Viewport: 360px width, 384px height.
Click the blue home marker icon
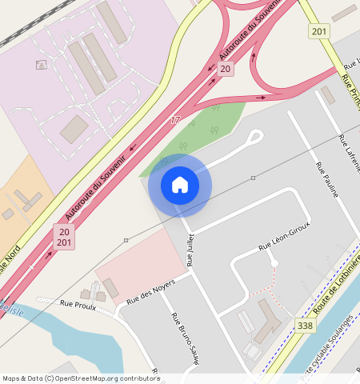(x=180, y=185)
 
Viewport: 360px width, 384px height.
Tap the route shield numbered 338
(x=305, y=326)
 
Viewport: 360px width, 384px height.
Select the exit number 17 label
(x=175, y=120)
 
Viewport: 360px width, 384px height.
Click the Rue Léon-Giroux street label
(x=283, y=238)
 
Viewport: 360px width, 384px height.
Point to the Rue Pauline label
(x=326, y=180)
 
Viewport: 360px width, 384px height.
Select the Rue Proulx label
(x=78, y=304)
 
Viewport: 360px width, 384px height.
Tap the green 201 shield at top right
(x=319, y=31)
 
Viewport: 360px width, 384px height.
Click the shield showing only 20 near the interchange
(x=226, y=70)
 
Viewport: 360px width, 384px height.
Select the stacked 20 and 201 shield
(x=65, y=237)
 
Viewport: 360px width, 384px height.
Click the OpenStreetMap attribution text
(x=80, y=378)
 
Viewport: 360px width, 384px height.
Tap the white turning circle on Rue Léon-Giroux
(x=274, y=262)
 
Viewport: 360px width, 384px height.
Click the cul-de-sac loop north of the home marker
(x=254, y=137)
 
